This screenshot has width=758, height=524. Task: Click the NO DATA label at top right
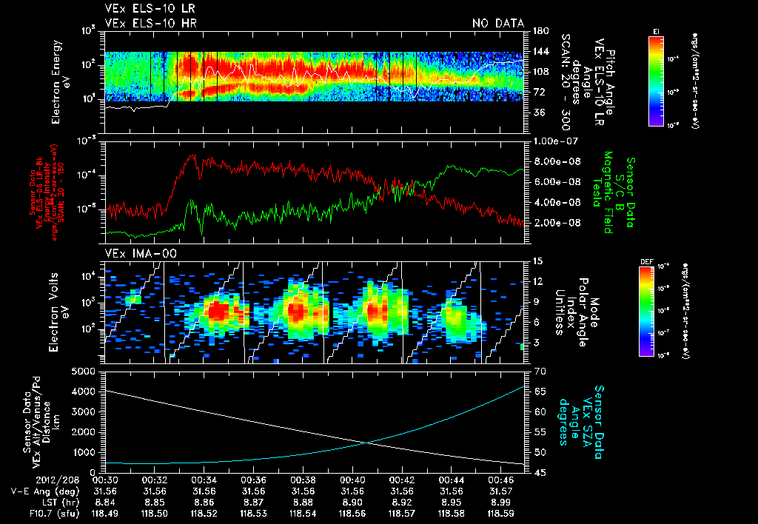498,24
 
